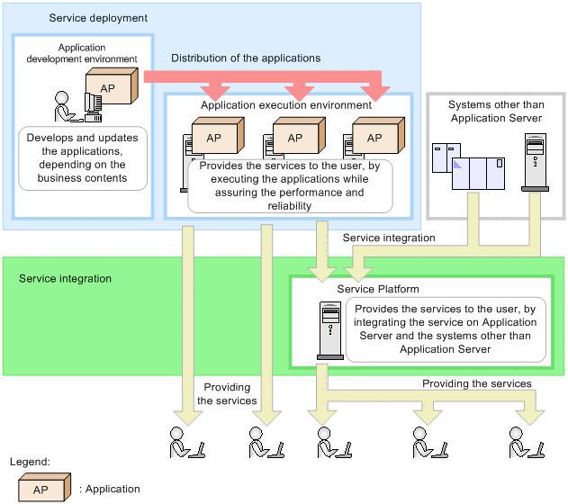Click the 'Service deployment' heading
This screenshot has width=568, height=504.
(98, 18)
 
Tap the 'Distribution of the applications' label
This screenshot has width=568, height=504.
(246, 58)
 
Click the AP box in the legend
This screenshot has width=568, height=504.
(41, 489)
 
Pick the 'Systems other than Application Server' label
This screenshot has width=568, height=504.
(494, 112)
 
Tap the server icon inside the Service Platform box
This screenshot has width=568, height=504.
(330, 328)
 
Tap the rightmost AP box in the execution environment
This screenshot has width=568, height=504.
(374, 137)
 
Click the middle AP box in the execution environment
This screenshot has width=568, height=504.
(294, 137)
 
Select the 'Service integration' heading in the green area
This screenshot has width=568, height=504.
(65, 279)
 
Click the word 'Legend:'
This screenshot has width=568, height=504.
(28, 461)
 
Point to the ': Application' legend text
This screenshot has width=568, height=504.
(110, 489)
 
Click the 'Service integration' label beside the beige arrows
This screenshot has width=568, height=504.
(389, 238)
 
